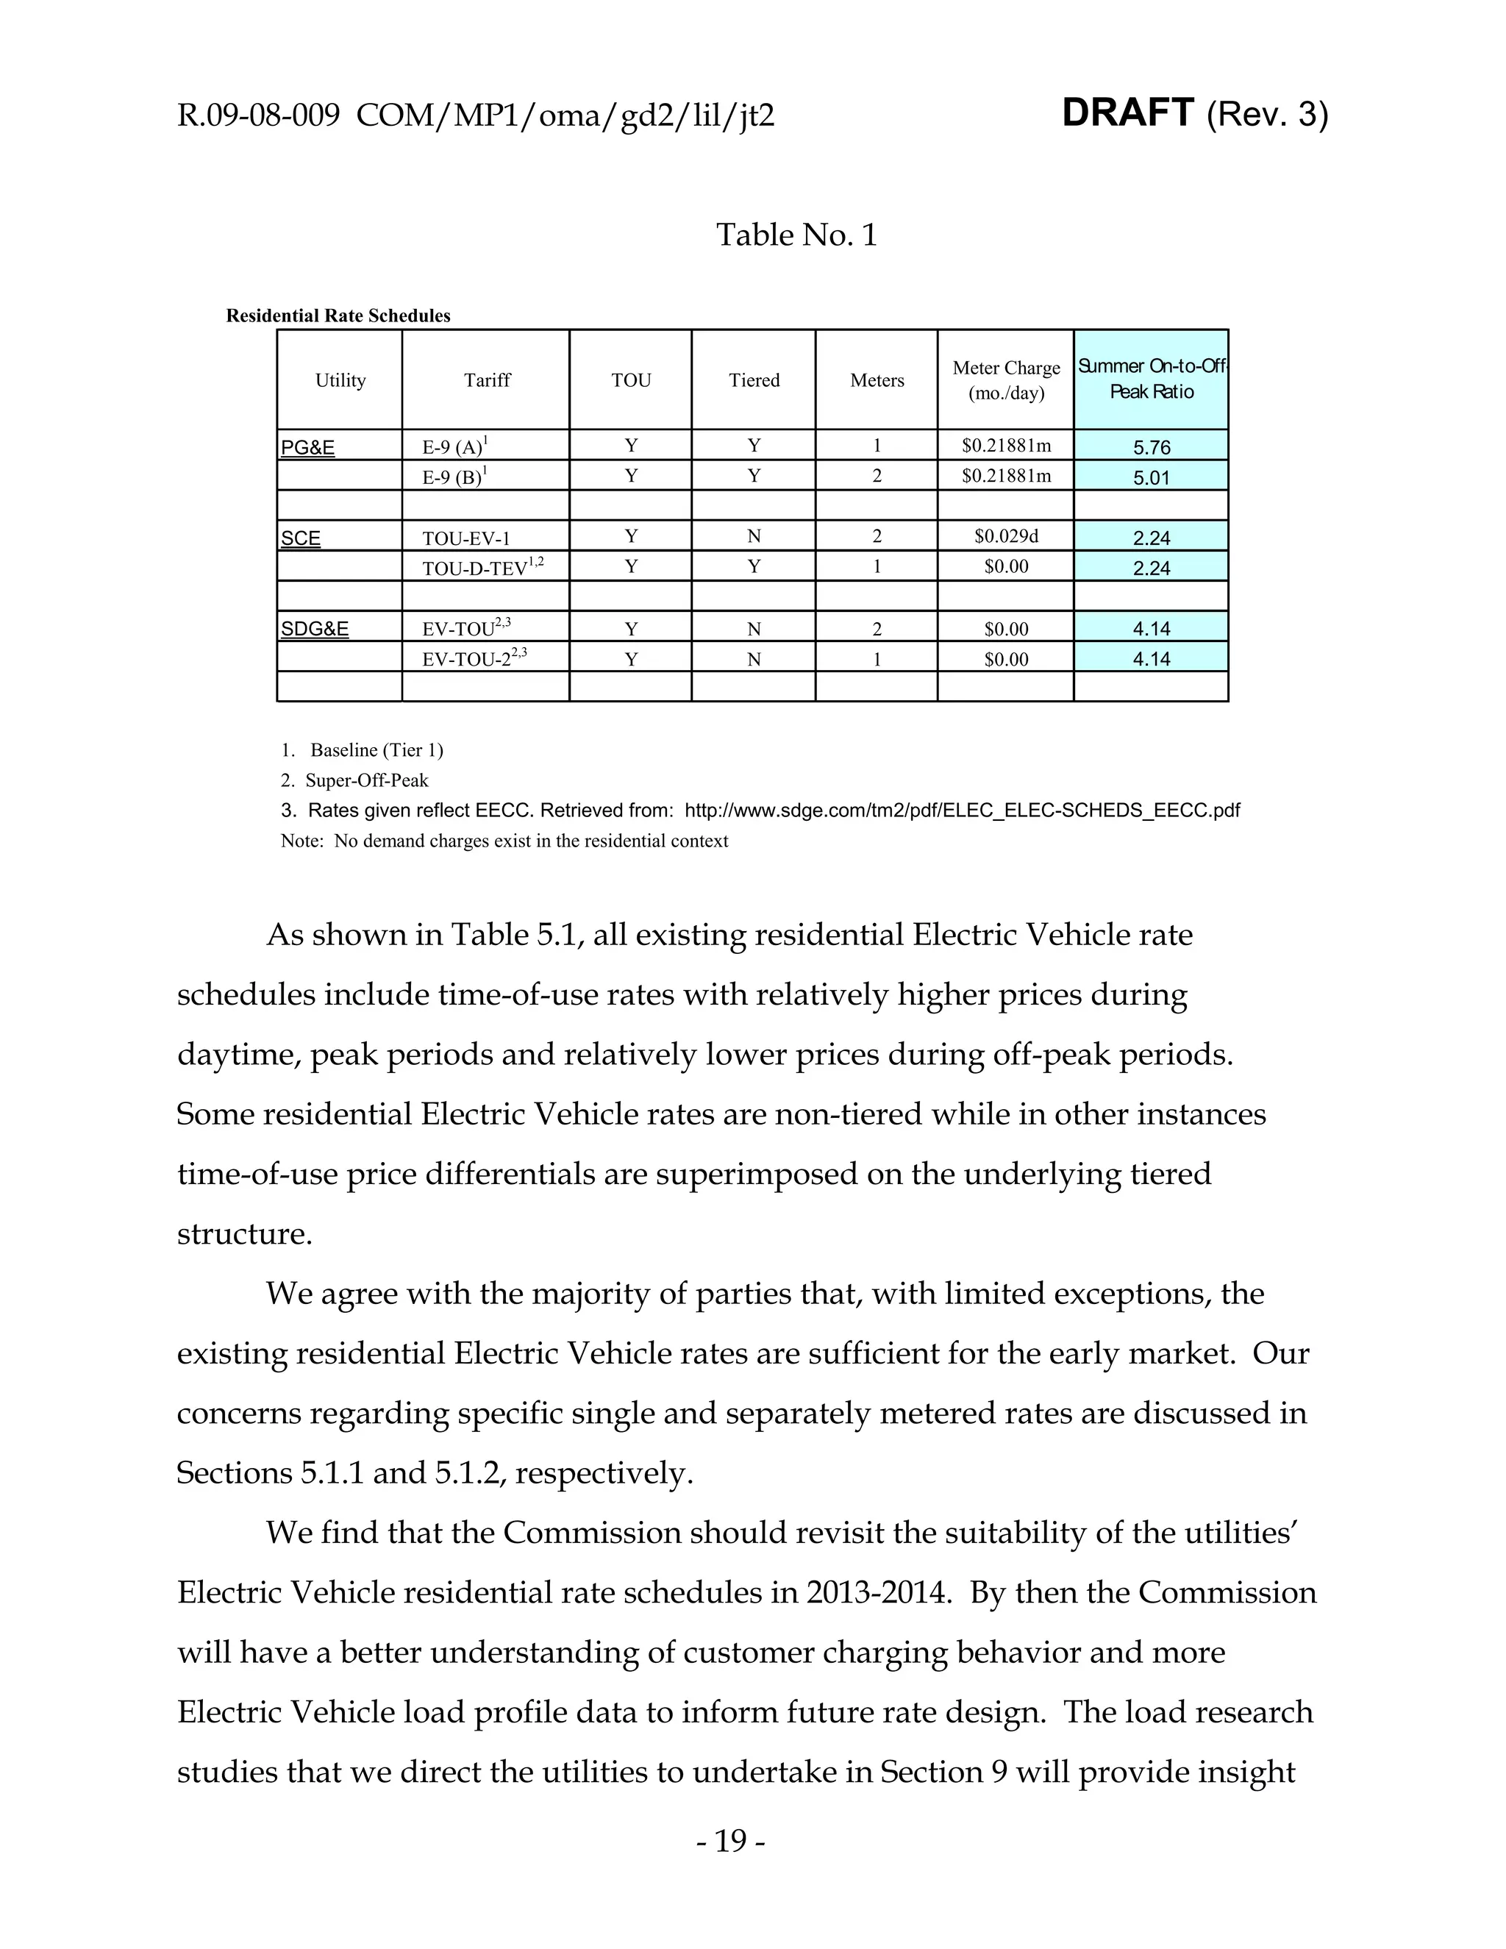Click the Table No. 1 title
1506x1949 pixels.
coord(796,235)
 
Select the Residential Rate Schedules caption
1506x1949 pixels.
coord(338,316)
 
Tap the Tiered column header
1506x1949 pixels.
coord(754,380)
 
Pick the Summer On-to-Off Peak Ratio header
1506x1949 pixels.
coord(1151,380)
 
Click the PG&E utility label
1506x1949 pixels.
coord(308,448)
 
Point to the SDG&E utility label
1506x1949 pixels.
coord(315,629)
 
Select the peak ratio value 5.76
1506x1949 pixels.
coord(1151,448)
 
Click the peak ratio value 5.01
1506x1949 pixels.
coord(1151,478)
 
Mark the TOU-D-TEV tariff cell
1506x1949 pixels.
coord(482,568)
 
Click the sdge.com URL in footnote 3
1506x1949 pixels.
coord(962,810)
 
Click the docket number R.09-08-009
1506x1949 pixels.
coord(258,116)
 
